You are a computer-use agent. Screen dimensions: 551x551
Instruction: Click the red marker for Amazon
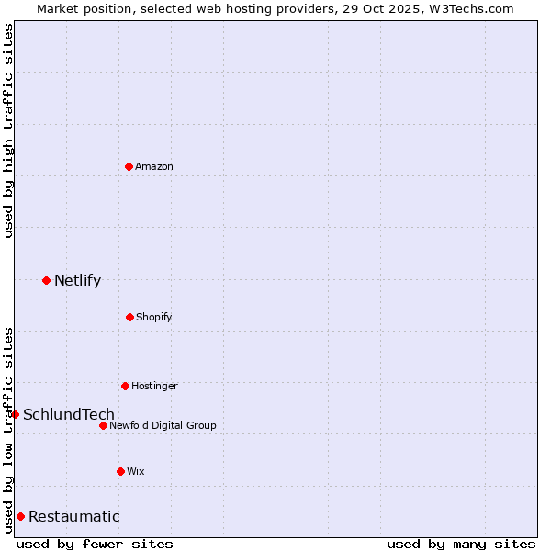[129, 166]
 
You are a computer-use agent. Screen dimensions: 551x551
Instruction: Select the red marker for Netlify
[46, 280]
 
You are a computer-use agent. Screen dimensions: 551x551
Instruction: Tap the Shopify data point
[129, 317]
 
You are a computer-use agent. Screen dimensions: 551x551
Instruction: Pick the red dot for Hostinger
[125, 386]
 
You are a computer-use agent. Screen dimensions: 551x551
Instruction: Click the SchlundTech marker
[15, 414]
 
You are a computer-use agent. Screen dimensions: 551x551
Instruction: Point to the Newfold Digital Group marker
[103, 425]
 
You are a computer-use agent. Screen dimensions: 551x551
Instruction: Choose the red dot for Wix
[120, 471]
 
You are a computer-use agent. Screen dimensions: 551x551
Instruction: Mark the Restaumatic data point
[20, 516]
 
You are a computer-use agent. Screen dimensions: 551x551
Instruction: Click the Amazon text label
[154, 166]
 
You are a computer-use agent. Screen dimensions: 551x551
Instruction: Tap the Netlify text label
[77, 280]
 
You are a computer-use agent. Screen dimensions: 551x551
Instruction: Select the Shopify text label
[154, 317]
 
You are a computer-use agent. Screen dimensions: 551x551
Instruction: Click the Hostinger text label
[154, 386]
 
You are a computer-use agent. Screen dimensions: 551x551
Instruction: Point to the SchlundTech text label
[69, 414]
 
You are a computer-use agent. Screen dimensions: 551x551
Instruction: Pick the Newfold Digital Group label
[163, 425]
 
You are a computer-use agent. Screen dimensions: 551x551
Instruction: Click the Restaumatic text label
[73, 516]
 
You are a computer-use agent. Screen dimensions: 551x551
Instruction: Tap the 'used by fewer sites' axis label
[95, 544]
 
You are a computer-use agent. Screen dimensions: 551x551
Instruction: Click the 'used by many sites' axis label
[461, 544]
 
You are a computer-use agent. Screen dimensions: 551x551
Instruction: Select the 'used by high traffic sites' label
[8, 129]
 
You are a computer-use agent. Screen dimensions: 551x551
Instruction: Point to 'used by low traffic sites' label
[8, 429]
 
